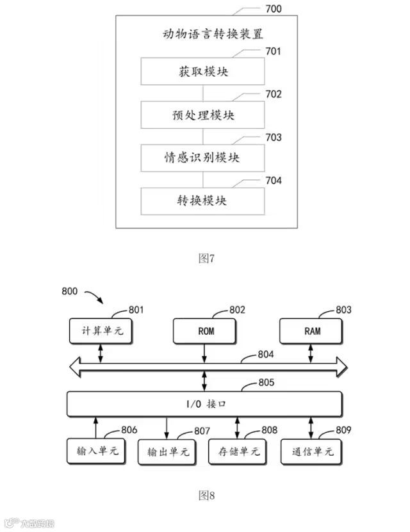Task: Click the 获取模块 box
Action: coord(202,71)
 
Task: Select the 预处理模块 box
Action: coord(202,115)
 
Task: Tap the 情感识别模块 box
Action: coord(202,157)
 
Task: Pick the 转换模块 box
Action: coord(202,200)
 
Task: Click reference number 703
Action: coord(273,138)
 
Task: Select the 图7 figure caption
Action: coord(206,259)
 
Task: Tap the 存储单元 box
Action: coord(238,451)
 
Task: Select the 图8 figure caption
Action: coord(206,495)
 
